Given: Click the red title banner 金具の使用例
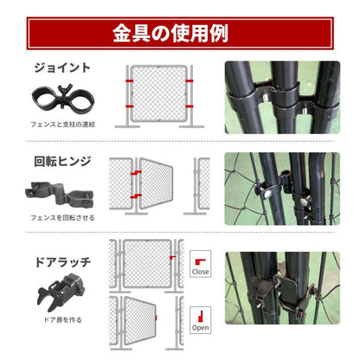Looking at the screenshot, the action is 180,34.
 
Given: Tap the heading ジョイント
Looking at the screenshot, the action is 62,68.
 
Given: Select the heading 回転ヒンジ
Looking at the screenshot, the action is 62,161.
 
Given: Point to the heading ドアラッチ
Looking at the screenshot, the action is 62,262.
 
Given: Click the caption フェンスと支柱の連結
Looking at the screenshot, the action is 62,125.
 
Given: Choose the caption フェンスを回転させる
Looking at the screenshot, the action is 62,218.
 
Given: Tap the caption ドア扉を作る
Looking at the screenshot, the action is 62,320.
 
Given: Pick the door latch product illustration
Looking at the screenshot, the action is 61,292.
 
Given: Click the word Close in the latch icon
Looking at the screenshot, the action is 200,272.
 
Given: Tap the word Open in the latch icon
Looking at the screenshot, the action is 200,328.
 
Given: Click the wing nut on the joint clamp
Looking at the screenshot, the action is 62,90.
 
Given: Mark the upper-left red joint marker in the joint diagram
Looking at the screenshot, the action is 129,80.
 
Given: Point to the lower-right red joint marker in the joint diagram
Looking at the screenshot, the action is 190,106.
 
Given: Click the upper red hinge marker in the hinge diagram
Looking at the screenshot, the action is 136,173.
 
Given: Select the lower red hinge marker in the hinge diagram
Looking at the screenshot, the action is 136,196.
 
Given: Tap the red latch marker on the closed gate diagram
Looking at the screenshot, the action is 172,257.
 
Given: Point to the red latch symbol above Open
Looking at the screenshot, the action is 200,317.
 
